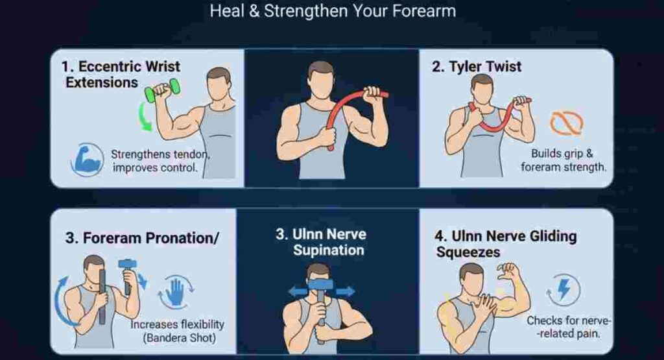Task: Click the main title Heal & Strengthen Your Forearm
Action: tap(333, 11)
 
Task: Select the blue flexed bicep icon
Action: tap(88, 159)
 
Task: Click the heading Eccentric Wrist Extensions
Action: tap(121, 74)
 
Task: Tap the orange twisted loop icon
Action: tap(566, 123)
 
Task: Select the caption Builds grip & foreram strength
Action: tap(563, 160)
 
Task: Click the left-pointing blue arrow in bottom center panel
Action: tap(298, 292)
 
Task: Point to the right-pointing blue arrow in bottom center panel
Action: tap(345, 292)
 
